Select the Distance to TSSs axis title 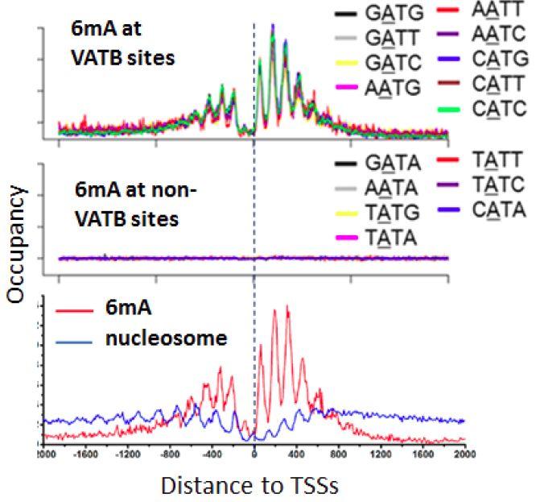pos(251,486)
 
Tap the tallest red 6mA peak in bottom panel pos(286,307)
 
